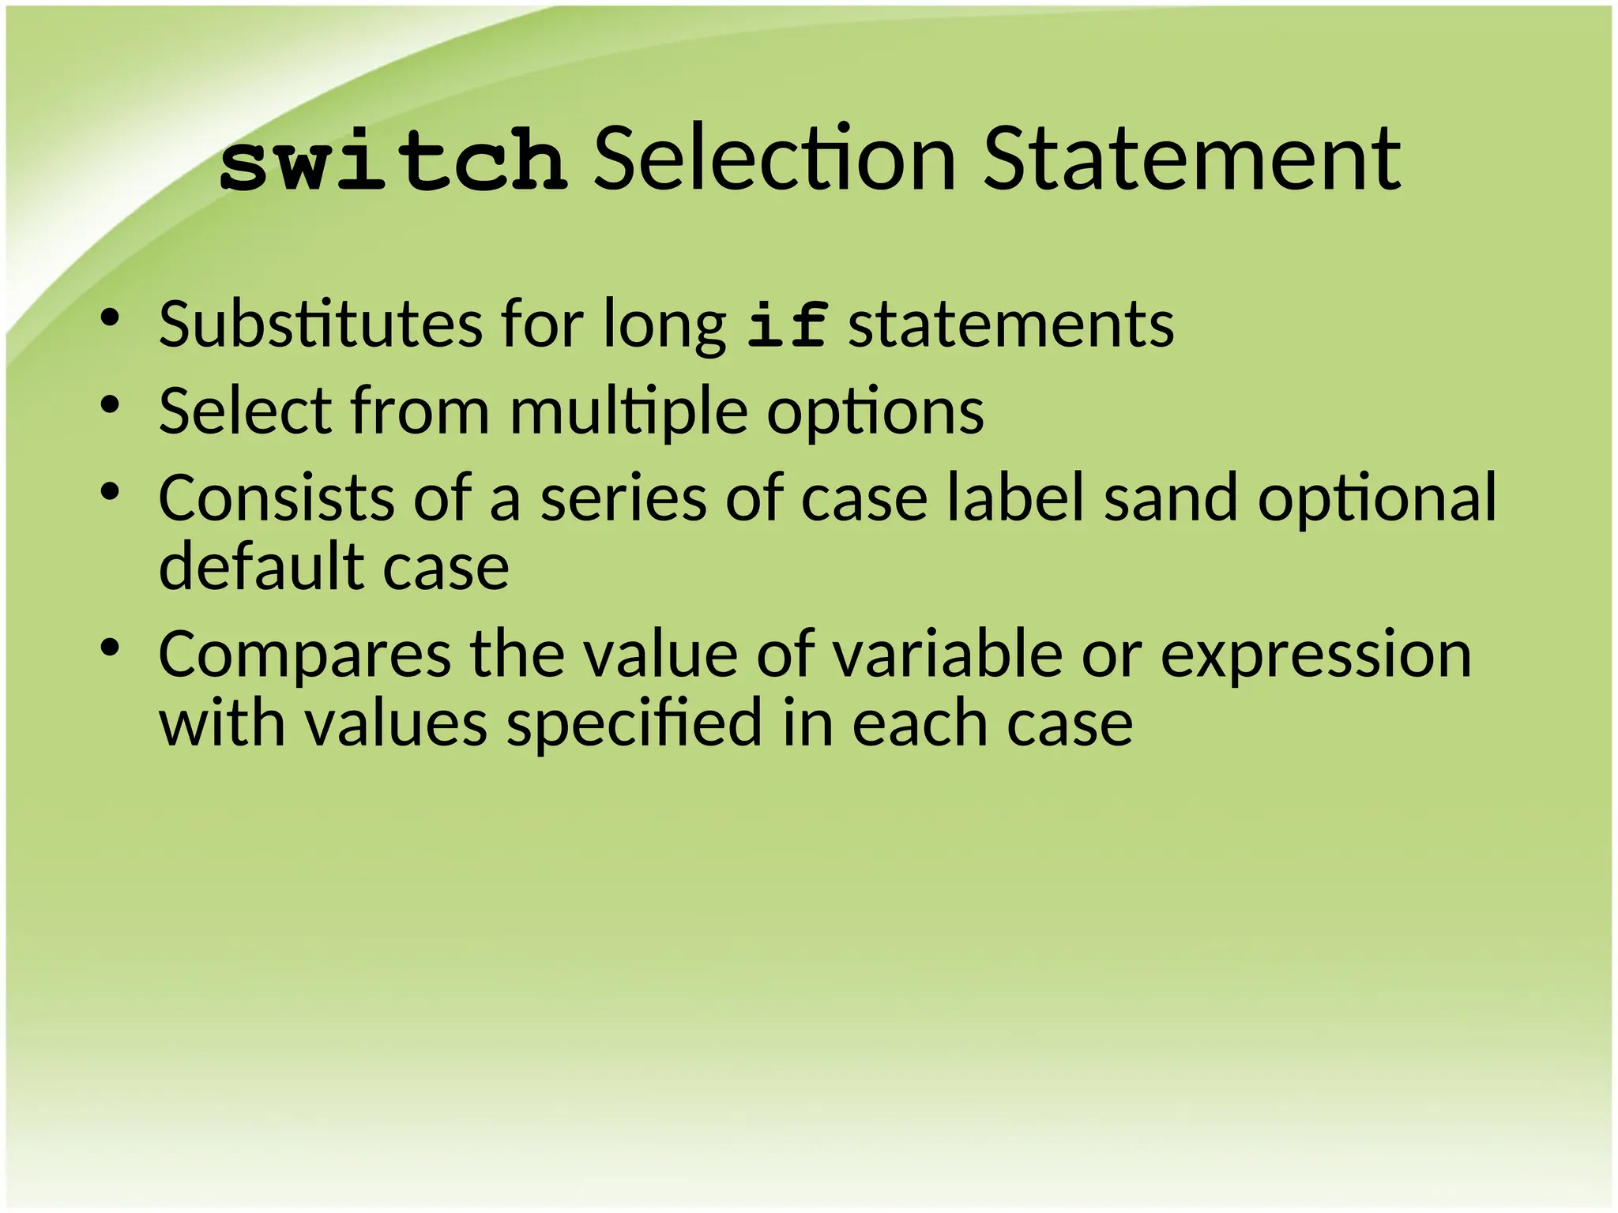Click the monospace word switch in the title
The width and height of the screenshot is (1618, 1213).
[x=393, y=162]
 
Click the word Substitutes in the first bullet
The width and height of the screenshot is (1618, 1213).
[x=320, y=324]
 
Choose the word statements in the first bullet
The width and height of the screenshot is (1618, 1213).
[x=1010, y=324]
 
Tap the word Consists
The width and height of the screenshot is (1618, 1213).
[x=277, y=498]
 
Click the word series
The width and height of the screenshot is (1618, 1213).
[x=623, y=498]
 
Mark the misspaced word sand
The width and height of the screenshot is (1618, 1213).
[x=1170, y=498]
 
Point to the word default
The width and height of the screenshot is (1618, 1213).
[x=260, y=566]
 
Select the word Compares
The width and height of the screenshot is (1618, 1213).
[x=305, y=655]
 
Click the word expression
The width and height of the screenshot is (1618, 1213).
[x=1315, y=655]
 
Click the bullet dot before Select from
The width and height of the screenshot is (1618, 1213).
[x=110, y=406]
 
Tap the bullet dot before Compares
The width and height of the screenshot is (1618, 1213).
[x=110, y=648]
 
